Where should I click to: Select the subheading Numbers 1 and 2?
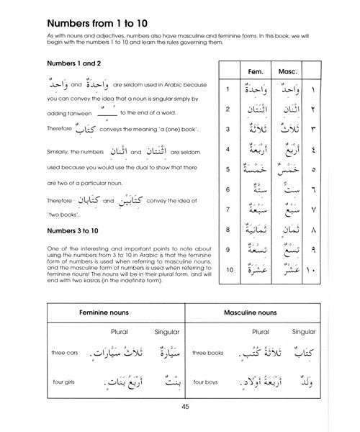pyautogui.click(x=63, y=63)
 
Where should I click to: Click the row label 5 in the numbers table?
pyautogui.click(x=227, y=170)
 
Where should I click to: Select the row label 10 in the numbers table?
pyautogui.click(x=227, y=271)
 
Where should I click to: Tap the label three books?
pyautogui.click(x=213, y=354)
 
